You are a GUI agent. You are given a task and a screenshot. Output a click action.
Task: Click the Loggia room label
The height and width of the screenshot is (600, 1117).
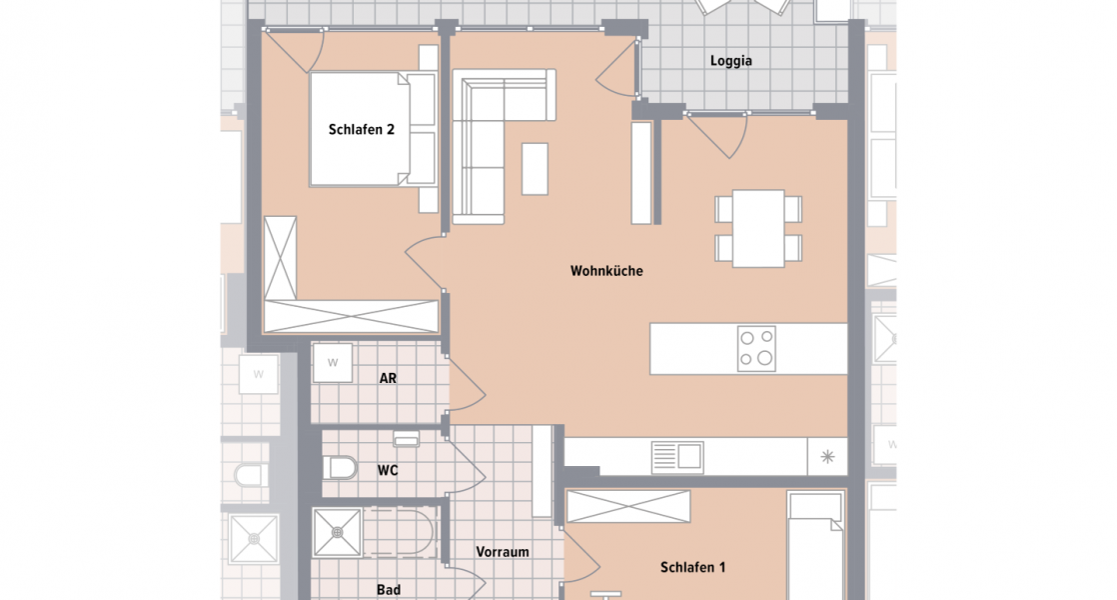click(730, 60)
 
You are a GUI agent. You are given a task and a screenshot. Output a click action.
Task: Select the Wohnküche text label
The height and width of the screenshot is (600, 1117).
click(606, 270)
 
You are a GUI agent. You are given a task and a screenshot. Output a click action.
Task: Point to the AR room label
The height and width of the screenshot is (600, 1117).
click(389, 379)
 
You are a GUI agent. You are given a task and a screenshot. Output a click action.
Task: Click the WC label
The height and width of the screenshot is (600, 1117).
click(389, 469)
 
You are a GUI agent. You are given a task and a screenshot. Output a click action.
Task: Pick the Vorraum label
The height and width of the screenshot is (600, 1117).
click(503, 551)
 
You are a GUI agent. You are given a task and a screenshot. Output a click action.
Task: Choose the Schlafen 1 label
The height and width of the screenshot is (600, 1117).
click(692, 567)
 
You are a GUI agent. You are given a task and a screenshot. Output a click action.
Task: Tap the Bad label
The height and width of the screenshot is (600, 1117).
click(389, 590)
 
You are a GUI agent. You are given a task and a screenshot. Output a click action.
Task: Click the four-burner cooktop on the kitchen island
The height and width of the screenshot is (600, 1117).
click(755, 349)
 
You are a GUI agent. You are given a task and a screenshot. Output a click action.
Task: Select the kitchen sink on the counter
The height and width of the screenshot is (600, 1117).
click(676, 458)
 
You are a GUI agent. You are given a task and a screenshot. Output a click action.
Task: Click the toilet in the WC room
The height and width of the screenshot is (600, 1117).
click(341, 467)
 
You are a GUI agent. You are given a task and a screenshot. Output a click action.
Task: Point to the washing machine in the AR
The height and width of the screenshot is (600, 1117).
click(333, 362)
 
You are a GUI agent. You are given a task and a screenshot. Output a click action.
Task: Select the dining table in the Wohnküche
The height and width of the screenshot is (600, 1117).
click(758, 228)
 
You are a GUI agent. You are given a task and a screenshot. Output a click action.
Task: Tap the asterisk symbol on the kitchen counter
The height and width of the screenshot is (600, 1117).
click(826, 457)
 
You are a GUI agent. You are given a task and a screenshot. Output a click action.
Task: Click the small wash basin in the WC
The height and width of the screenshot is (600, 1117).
click(406, 439)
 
